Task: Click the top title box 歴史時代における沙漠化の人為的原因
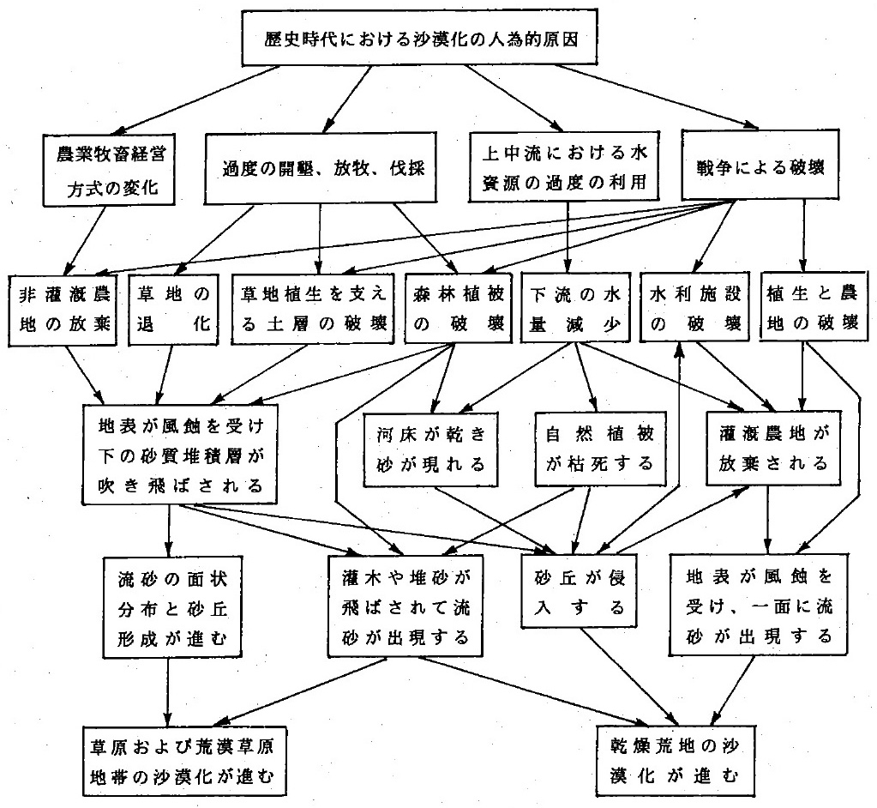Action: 438,39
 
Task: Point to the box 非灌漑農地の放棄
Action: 63,310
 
